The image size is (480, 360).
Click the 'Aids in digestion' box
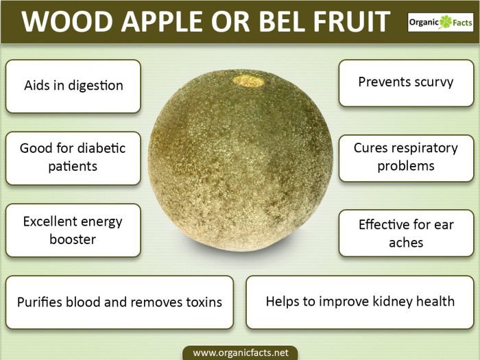click(73, 86)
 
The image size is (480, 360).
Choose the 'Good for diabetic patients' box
click(73, 158)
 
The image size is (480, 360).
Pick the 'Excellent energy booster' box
click(73, 230)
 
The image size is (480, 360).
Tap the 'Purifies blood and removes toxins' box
click(119, 302)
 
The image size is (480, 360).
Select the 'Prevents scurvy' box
click(405, 82)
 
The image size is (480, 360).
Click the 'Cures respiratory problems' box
click(405, 157)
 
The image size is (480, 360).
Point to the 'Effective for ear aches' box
click(405, 233)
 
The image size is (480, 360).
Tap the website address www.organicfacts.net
click(240, 352)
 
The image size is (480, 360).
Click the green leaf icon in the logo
click(446, 21)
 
